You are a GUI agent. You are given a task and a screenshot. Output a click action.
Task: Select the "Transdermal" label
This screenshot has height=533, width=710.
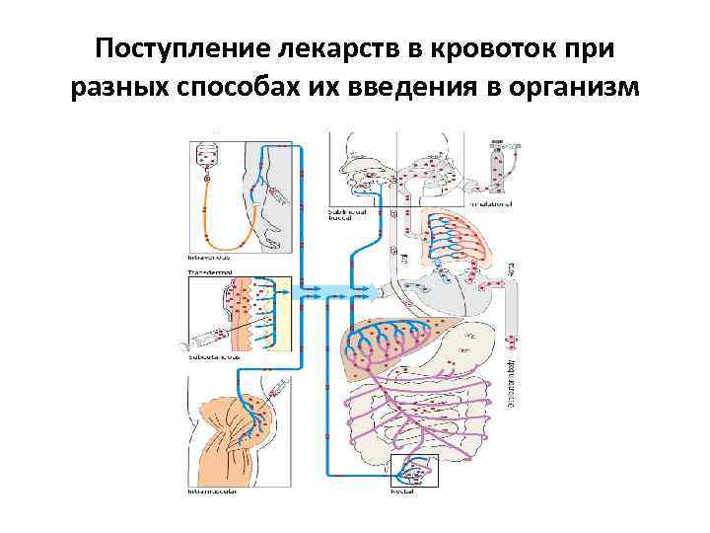(209, 269)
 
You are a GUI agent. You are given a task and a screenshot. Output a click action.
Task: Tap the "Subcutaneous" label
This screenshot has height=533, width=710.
(211, 359)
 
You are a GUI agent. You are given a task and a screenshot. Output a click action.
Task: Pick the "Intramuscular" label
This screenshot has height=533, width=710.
(213, 491)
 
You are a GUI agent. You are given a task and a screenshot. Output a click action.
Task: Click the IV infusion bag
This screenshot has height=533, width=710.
(207, 155)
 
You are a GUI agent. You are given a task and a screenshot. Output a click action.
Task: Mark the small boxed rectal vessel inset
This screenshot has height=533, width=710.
(414, 470)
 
